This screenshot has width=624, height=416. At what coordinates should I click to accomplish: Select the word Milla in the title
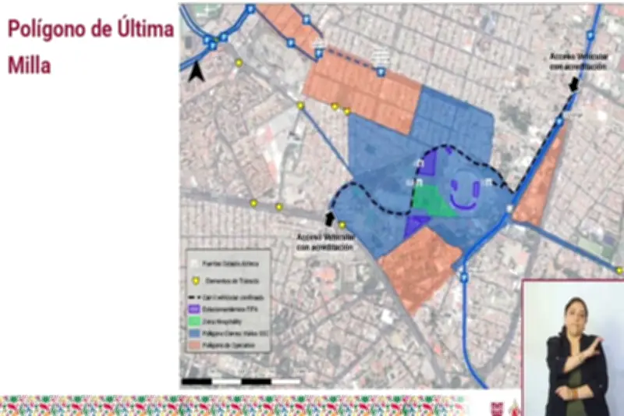coord(30,66)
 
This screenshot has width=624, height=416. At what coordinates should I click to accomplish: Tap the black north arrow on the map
coord(197,72)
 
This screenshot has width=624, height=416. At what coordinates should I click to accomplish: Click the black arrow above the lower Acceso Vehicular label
coord(329,219)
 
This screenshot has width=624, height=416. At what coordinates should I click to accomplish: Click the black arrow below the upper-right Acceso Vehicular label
coord(573,82)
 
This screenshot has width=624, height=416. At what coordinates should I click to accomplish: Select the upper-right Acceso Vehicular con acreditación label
coord(577,62)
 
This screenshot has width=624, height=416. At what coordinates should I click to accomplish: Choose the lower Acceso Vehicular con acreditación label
coord(327,241)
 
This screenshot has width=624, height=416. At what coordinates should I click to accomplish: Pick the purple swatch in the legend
coord(195,310)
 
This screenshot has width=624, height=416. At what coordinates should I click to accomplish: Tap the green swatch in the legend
coord(195,322)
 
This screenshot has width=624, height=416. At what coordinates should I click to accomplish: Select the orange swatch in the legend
coord(195,345)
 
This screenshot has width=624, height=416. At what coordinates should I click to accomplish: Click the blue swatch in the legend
coord(195,333)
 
